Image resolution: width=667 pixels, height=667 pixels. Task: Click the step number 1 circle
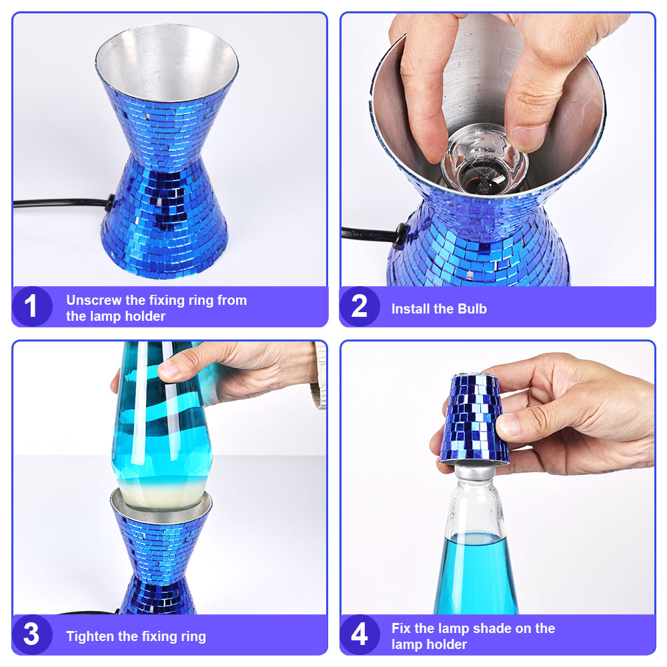[x=32, y=306]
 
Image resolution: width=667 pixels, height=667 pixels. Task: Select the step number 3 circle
[x=32, y=635]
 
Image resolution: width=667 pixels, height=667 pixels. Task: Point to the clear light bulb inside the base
[x=484, y=159]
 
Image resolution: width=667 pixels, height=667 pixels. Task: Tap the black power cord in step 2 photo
[x=371, y=233]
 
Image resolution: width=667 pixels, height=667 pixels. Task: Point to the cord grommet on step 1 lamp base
[x=111, y=203]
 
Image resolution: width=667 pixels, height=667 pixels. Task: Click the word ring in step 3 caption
[x=193, y=636]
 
